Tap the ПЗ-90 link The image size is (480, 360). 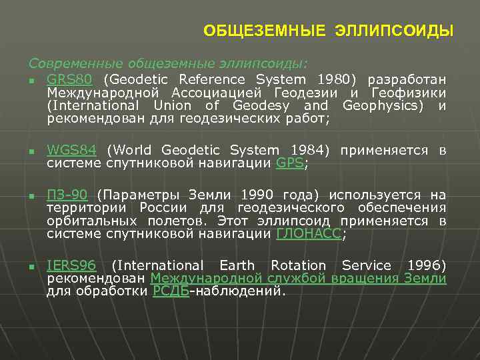[x=67, y=195]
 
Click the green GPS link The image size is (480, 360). [x=289, y=163]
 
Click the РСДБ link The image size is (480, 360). [x=171, y=291]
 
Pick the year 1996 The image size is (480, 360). [x=424, y=265]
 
